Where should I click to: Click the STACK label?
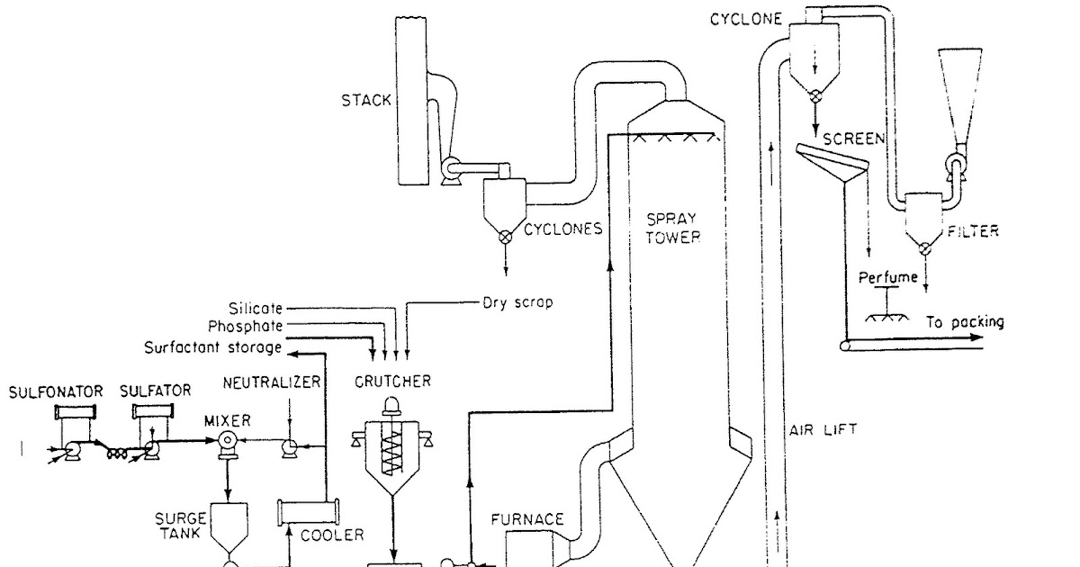click(x=365, y=99)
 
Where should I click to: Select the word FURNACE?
click(x=527, y=519)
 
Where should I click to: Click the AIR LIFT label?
click(x=824, y=430)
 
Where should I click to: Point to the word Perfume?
click(x=888, y=277)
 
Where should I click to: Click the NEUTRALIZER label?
click(x=273, y=382)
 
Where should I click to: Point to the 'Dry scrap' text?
click(x=517, y=303)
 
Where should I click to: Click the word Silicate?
click(x=256, y=308)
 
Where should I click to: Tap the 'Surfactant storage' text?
click(x=212, y=346)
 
